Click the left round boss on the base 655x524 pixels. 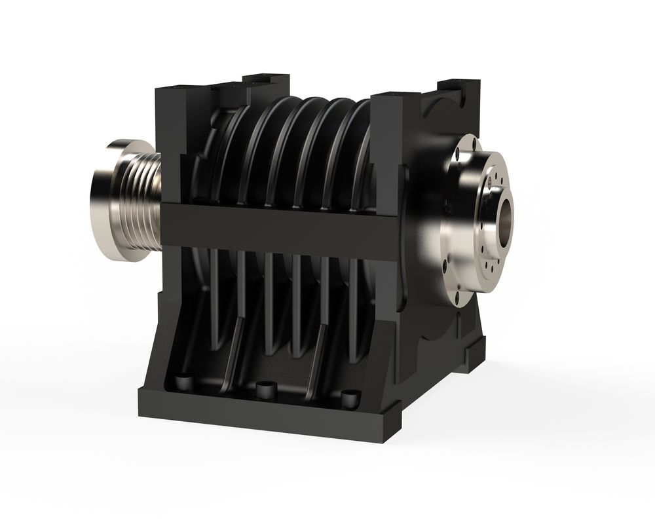[185, 381]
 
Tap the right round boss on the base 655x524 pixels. [350, 397]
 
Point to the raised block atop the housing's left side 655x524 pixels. [265, 82]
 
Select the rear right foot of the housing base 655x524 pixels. [475, 354]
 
